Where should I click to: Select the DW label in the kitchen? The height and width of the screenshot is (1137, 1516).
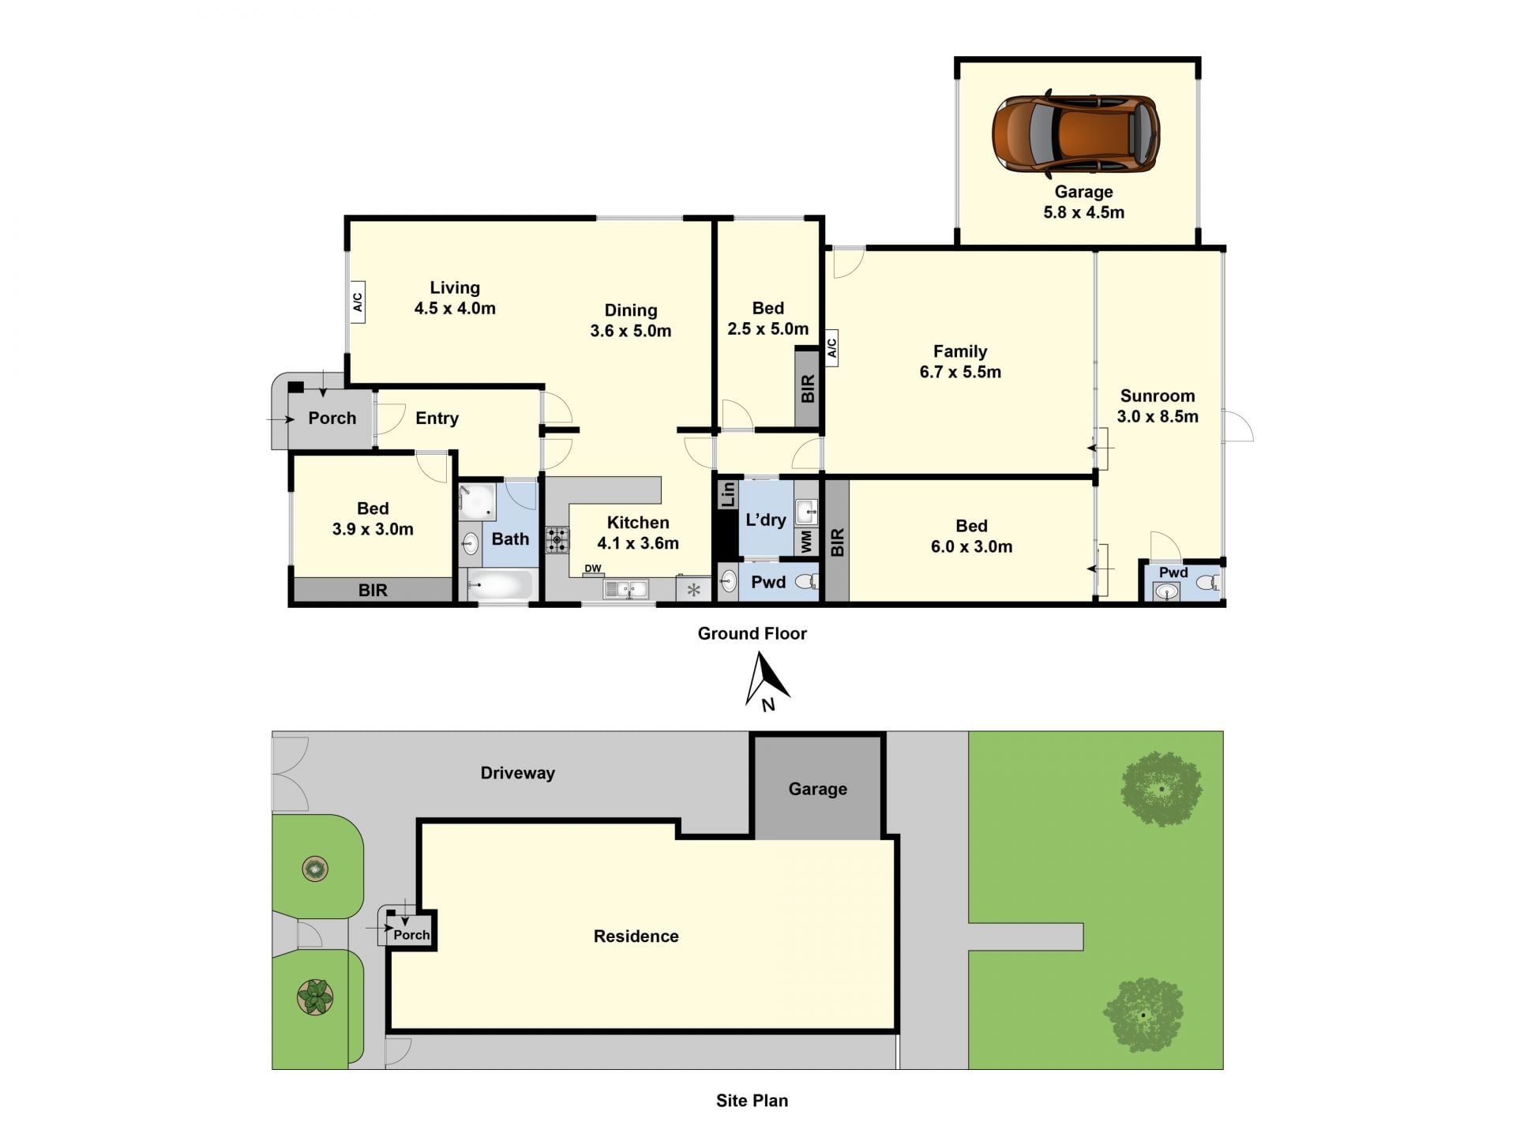pyautogui.click(x=593, y=568)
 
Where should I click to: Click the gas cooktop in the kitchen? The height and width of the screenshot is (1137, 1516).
pyautogui.click(x=557, y=540)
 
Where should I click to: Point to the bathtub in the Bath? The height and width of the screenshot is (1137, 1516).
pyautogui.click(x=501, y=585)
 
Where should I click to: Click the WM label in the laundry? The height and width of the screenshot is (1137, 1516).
pyautogui.click(x=806, y=541)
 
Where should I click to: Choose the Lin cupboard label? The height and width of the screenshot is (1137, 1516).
pyautogui.click(x=727, y=494)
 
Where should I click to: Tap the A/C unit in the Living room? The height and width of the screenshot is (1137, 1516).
pyautogui.click(x=357, y=302)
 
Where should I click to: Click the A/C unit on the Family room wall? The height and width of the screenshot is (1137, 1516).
pyautogui.click(x=831, y=348)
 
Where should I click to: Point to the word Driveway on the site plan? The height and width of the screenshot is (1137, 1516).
pyautogui.click(x=517, y=773)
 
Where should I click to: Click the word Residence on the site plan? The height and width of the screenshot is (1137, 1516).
pyautogui.click(x=636, y=936)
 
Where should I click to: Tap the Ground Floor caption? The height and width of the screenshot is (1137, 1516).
pyautogui.click(x=752, y=633)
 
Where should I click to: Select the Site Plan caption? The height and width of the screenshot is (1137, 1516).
pyautogui.click(x=752, y=1101)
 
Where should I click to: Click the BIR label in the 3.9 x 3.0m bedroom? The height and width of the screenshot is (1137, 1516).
pyautogui.click(x=373, y=591)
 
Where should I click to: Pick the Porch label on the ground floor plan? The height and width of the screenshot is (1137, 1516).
pyautogui.click(x=332, y=418)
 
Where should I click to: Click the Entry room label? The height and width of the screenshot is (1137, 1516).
pyautogui.click(x=437, y=418)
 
